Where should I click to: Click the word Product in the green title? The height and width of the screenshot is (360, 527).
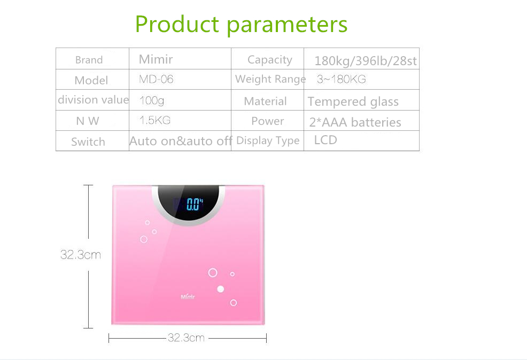(x=177, y=24)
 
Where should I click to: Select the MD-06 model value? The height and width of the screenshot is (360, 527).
(x=156, y=79)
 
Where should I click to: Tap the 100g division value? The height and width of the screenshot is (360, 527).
(x=152, y=100)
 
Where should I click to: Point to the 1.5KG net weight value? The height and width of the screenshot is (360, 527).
(x=155, y=120)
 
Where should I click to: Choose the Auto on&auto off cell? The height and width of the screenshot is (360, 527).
(x=181, y=141)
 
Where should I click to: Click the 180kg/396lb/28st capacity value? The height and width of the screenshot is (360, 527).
(x=366, y=61)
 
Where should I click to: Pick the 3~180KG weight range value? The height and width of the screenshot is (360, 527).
(x=341, y=79)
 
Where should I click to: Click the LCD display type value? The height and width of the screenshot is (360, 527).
(x=325, y=140)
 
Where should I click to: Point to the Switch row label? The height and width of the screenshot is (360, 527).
(x=88, y=142)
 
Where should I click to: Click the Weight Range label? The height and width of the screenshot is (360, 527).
(x=270, y=79)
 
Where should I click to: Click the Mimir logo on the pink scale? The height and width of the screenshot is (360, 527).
(x=188, y=297)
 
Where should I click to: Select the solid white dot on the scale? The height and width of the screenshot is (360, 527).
(x=221, y=289)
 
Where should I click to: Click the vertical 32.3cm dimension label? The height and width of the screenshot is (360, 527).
(x=81, y=255)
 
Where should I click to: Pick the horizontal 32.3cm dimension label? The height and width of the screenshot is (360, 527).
(x=186, y=338)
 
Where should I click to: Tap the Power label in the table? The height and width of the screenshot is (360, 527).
(x=268, y=121)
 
